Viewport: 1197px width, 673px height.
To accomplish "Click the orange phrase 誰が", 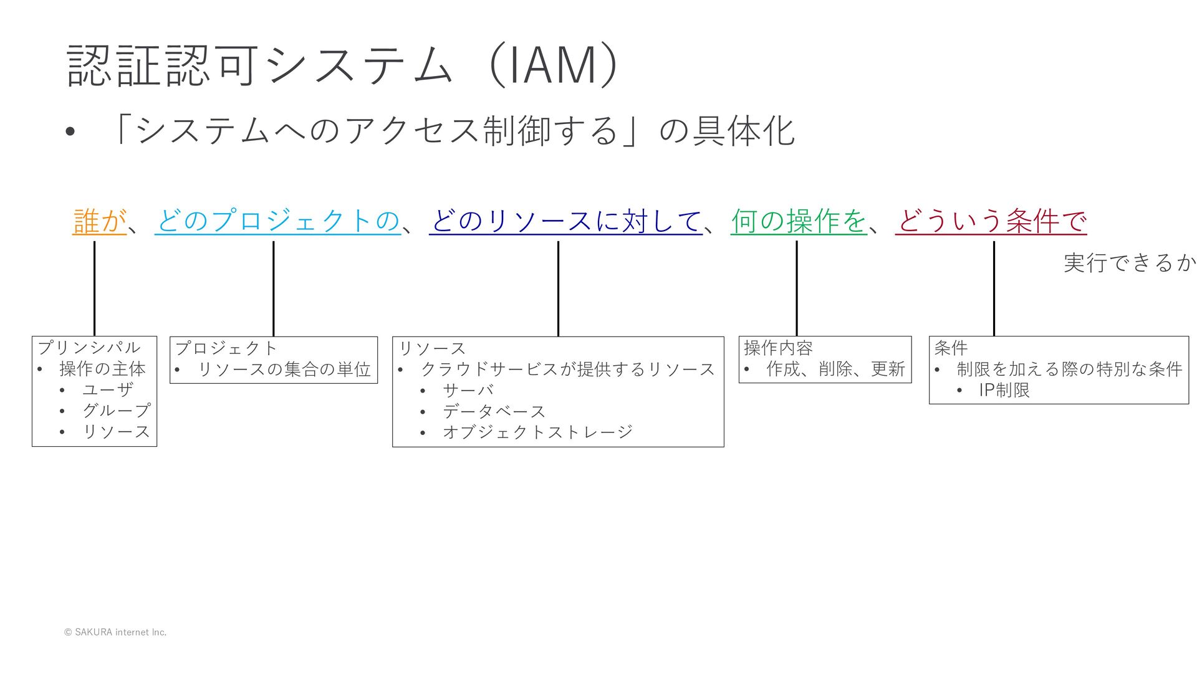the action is click(x=100, y=221).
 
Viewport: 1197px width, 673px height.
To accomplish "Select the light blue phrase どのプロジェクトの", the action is click(x=278, y=221).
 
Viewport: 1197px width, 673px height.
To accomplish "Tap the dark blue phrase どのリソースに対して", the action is click(x=565, y=221).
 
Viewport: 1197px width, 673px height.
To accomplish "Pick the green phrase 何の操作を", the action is click(x=799, y=221).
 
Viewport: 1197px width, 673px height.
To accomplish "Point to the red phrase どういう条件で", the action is click(x=991, y=221).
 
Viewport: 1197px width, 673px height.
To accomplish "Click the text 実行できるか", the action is click(x=1129, y=263).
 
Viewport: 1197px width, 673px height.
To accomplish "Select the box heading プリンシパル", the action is click(x=89, y=348).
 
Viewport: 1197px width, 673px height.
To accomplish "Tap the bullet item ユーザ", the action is click(x=108, y=390).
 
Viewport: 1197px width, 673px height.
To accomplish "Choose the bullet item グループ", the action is click(x=116, y=411).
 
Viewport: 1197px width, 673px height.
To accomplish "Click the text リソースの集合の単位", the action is click(x=284, y=370).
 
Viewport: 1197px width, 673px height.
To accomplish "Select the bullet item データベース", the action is click(x=494, y=411).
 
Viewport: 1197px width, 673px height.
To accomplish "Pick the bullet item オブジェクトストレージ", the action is click(x=537, y=432).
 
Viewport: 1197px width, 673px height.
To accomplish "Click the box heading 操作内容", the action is click(x=778, y=348).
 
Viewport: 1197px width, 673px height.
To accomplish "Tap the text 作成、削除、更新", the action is click(x=835, y=369).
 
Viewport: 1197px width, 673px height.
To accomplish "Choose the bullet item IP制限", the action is click(x=1004, y=390).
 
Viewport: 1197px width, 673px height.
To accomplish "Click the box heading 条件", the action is click(x=951, y=348).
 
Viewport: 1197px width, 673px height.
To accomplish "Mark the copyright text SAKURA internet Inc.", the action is click(x=115, y=632).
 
